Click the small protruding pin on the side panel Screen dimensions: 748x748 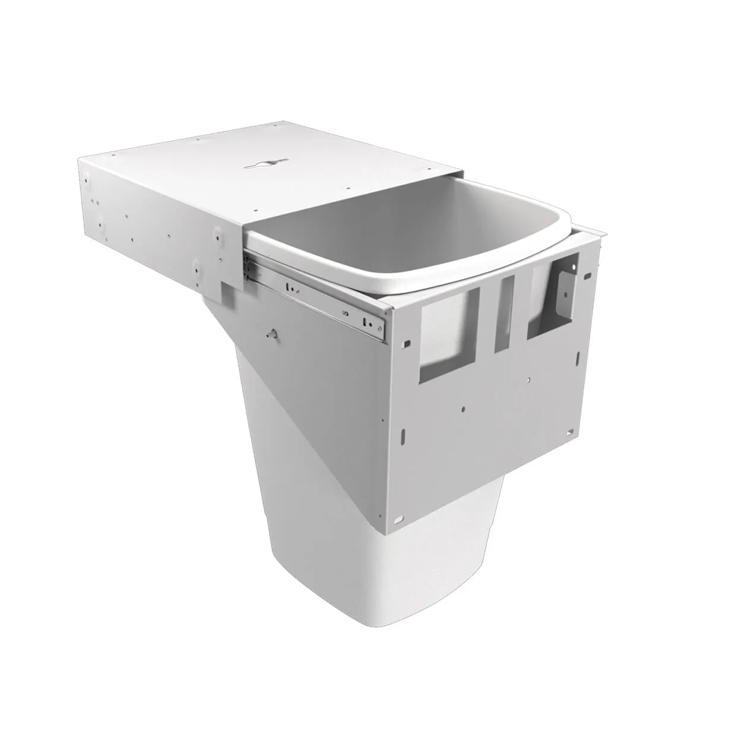[272, 334]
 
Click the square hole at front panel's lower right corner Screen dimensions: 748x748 [570, 432]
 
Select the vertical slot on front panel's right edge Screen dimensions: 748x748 [578, 357]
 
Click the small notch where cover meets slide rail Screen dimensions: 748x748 [227, 290]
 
